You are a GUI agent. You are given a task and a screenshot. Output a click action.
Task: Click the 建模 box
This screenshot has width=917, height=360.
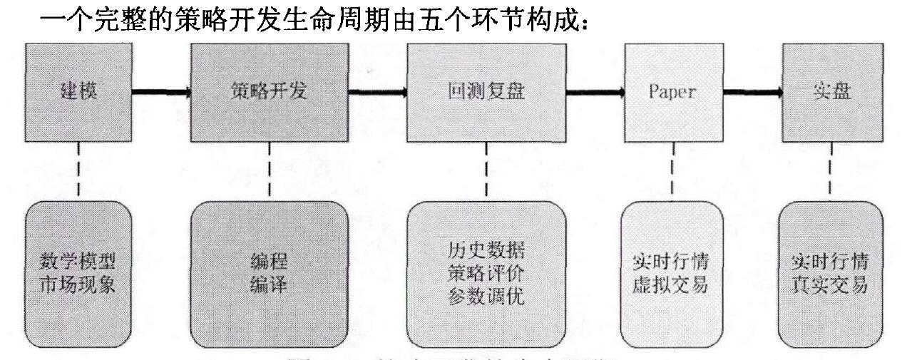78,92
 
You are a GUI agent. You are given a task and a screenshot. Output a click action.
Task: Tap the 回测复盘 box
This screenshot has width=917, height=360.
486,92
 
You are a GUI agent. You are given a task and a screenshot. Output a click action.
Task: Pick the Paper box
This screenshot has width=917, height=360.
672,92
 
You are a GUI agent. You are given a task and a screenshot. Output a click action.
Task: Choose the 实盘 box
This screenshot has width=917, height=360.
831,92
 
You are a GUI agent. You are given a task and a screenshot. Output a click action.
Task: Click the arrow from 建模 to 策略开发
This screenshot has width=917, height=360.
161,92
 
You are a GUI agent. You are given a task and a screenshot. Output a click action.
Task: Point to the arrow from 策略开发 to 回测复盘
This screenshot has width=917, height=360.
378,92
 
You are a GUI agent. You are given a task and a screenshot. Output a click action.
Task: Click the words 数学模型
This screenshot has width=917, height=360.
78,257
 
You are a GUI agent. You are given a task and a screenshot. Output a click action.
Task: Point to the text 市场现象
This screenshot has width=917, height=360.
78,284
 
